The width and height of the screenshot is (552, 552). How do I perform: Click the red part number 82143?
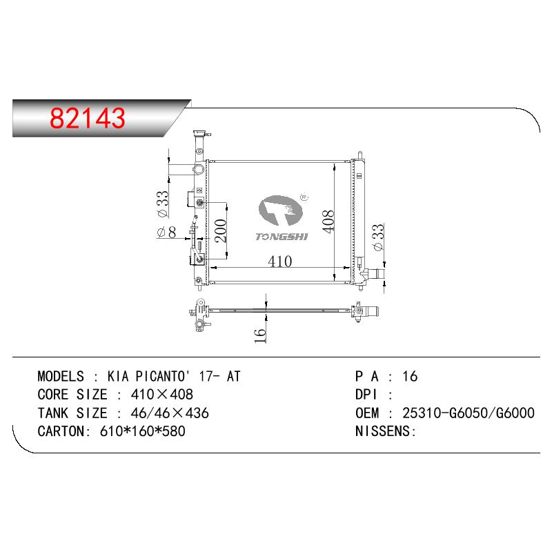(x=88, y=117)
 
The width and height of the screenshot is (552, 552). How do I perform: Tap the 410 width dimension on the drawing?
(x=280, y=262)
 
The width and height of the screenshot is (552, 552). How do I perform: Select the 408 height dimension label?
(x=328, y=221)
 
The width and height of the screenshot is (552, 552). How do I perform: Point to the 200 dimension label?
(x=221, y=230)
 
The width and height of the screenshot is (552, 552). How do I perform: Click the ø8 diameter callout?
(x=166, y=233)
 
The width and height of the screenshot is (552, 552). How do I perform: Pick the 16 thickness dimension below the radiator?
(x=260, y=335)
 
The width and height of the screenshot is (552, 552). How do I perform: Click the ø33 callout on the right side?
(x=378, y=237)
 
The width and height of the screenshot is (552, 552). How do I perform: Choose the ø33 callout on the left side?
(x=163, y=204)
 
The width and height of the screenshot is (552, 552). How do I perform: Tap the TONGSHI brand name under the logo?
(x=282, y=237)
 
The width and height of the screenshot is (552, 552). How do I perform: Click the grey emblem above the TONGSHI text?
(x=280, y=210)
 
